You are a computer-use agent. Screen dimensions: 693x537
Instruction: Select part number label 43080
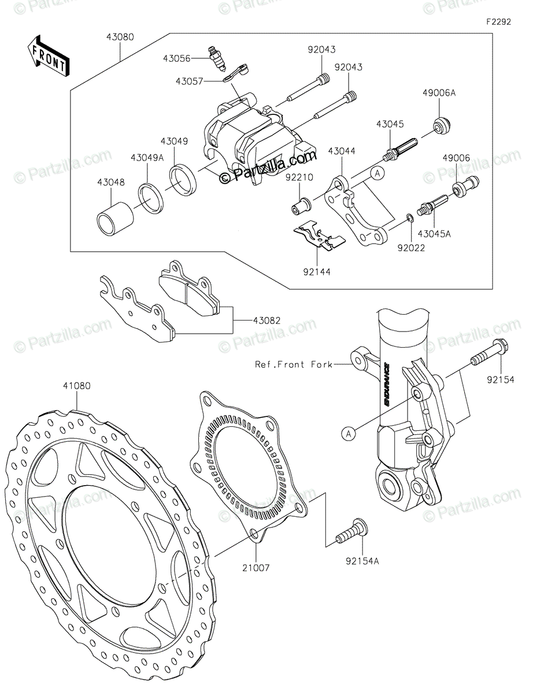click(120, 37)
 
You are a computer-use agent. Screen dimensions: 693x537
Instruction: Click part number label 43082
click(267, 319)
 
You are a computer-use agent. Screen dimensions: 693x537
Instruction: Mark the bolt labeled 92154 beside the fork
click(490, 354)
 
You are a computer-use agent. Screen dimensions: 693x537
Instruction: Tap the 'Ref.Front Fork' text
click(294, 364)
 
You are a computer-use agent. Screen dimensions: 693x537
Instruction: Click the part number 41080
click(77, 386)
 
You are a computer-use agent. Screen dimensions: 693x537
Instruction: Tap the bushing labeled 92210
click(301, 205)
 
